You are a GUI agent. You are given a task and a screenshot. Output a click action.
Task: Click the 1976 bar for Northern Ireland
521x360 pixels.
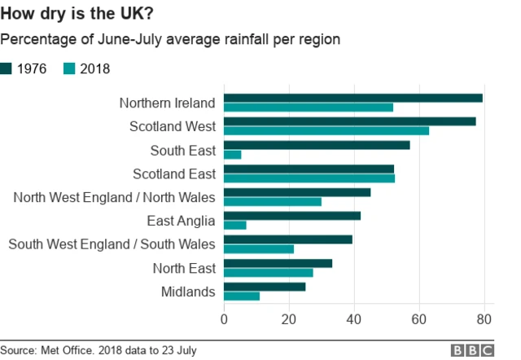(x=353, y=98)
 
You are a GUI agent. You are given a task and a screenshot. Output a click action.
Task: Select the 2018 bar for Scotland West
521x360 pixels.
(x=326, y=131)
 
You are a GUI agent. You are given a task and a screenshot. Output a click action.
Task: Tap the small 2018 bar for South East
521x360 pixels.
(x=233, y=155)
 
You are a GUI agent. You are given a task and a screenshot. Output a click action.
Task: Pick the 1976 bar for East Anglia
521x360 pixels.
(x=292, y=216)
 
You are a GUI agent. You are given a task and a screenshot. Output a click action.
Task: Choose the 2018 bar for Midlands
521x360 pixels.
(x=242, y=296)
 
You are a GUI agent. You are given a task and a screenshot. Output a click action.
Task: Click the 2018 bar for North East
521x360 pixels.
(x=269, y=272)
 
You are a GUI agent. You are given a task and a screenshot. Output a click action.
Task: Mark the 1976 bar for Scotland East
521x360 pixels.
(x=309, y=169)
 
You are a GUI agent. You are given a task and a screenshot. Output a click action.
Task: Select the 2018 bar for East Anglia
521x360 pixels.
(x=235, y=225)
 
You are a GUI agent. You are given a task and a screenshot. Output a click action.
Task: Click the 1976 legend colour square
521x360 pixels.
(x=7, y=69)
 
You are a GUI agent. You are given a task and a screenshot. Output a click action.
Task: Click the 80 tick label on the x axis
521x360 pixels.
(x=484, y=318)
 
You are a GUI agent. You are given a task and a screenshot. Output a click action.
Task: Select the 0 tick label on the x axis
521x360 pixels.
(x=224, y=318)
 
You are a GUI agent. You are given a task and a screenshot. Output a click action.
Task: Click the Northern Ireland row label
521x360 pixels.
(x=167, y=103)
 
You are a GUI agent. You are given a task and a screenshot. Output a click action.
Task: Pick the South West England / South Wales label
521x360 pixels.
(x=112, y=244)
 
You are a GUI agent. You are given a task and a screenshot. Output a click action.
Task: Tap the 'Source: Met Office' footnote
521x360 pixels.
(x=99, y=350)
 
